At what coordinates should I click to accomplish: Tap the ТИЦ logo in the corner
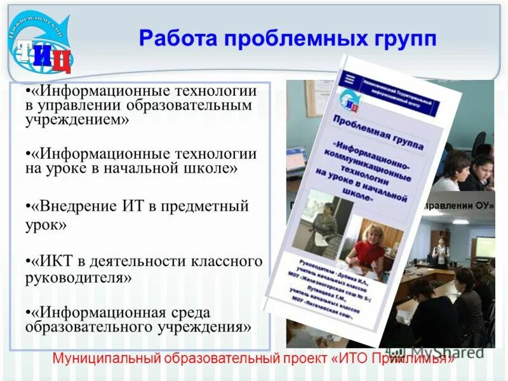pyautogui.click(x=42, y=47)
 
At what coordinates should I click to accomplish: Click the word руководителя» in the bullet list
pyautogui.click(x=79, y=277)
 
